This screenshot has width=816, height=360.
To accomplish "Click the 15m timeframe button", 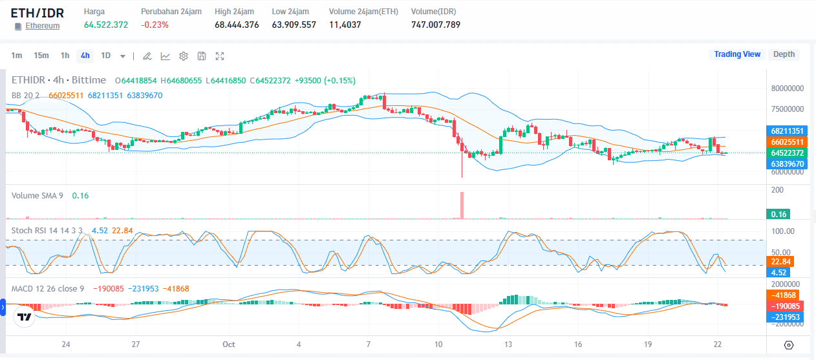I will (x=41, y=56).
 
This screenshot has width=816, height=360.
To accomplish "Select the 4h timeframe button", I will (x=85, y=56).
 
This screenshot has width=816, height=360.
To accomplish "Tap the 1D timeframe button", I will (x=105, y=56).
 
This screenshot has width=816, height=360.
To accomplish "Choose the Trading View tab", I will (x=736, y=54).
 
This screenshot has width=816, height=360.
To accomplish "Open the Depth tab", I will (x=784, y=54).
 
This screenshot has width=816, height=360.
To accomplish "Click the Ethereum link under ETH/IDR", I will (x=42, y=26).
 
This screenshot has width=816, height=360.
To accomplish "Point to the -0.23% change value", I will (x=155, y=25).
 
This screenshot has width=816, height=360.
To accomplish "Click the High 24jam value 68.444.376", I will (x=237, y=25).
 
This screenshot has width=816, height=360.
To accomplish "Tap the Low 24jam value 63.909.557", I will (x=294, y=25).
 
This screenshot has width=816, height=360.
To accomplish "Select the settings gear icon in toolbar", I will (x=184, y=56).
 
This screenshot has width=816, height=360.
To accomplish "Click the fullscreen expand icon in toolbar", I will (x=220, y=56).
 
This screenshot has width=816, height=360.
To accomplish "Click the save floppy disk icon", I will (x=202, y=56).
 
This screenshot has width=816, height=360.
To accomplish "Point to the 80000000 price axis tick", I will (x=786, y=88).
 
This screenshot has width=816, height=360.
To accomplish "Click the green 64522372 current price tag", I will (x=786, y=153).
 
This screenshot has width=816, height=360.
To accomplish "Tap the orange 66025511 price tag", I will (x=786, y=142).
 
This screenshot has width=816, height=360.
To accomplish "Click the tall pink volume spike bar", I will (x=462, y=205).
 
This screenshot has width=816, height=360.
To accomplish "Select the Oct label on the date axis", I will (x=228, y=344).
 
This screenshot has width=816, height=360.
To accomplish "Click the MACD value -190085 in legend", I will (x=108, y=288).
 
